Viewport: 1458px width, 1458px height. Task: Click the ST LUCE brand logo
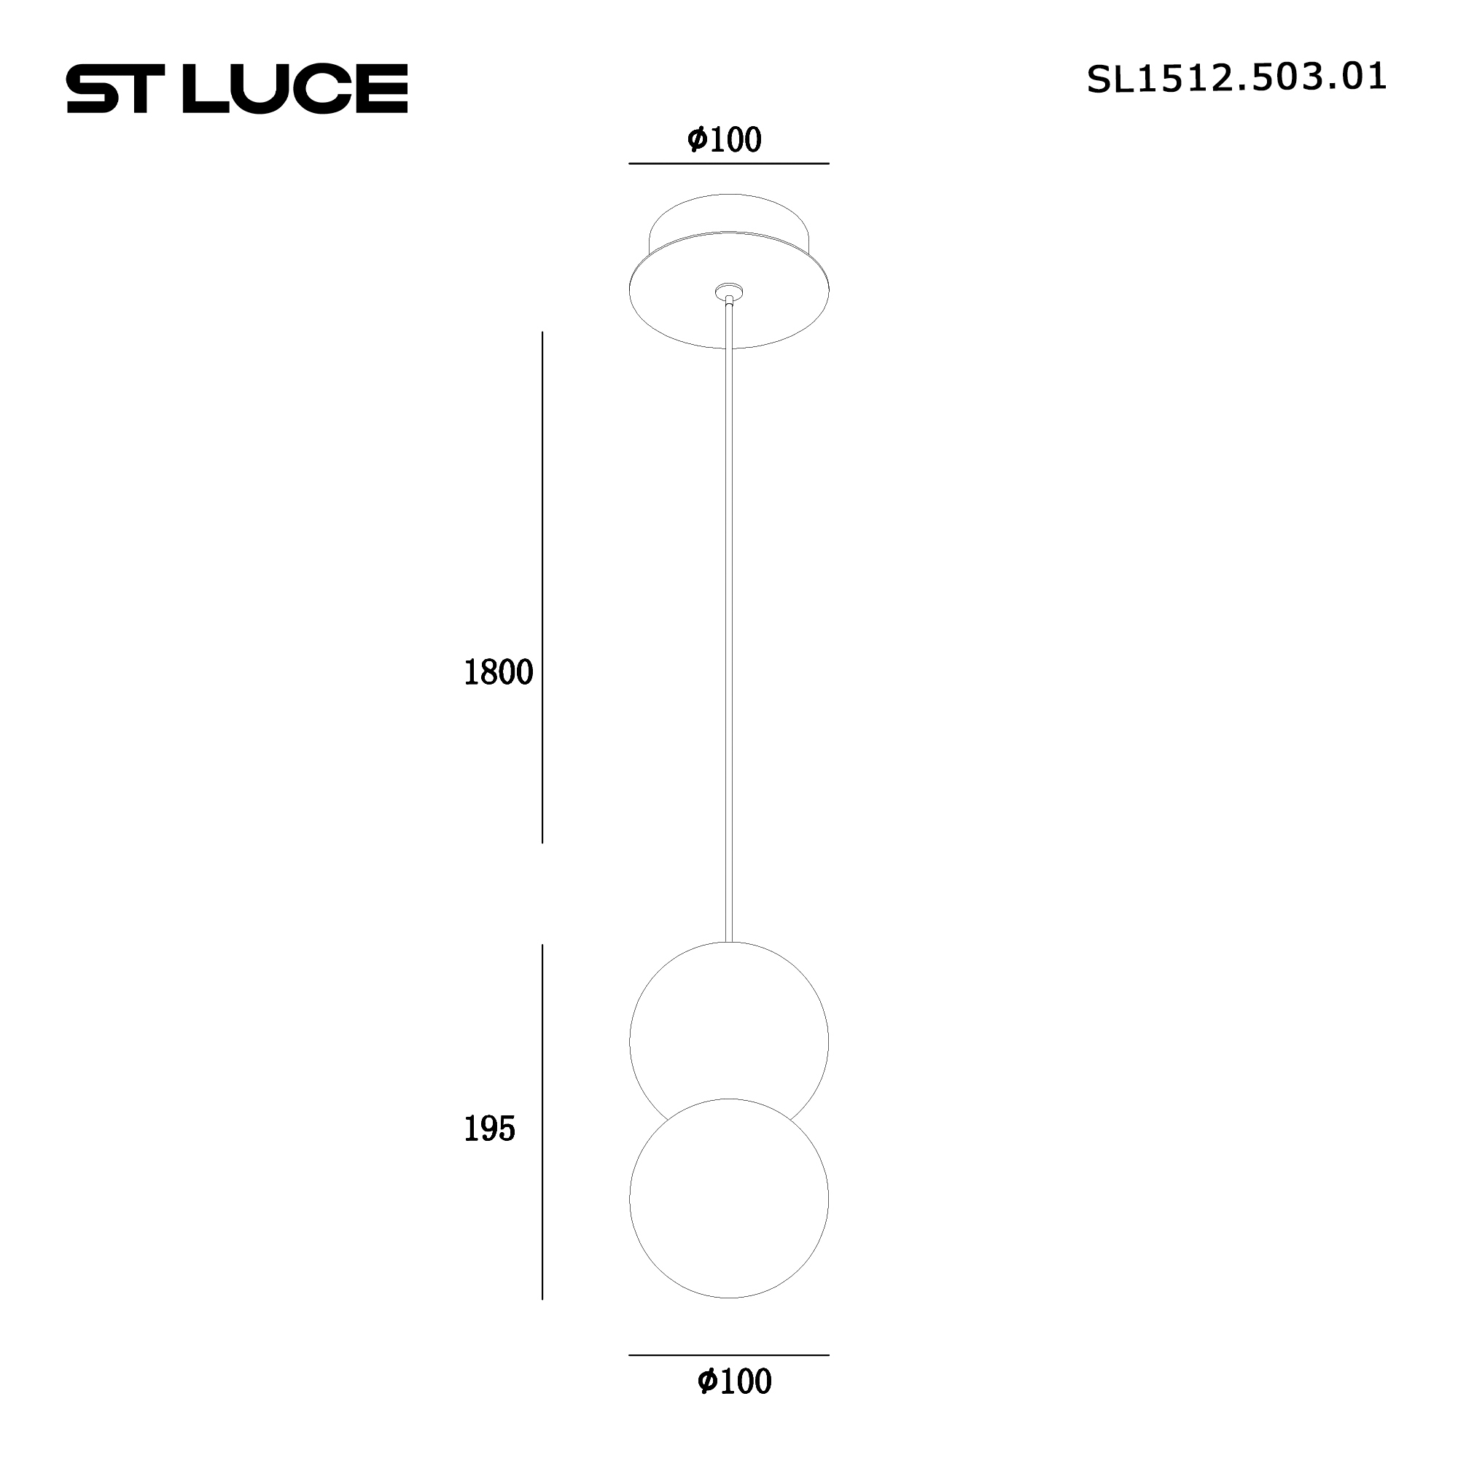point(237,89)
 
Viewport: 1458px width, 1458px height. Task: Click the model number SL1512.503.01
point(1236,79)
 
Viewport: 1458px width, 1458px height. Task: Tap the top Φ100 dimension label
point(725,140)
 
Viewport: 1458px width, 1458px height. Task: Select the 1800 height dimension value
point(498,672)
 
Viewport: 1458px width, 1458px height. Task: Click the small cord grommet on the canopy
point(729,292)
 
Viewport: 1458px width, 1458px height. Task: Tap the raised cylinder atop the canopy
point(729,215)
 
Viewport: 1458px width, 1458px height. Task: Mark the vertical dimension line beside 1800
point(542,588)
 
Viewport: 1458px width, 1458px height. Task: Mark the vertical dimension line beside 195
point(542,1132)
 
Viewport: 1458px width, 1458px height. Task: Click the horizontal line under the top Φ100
point(729,163)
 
